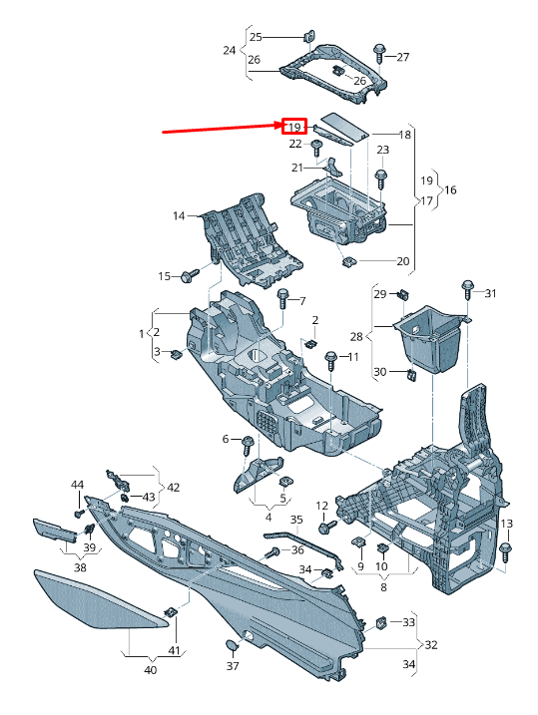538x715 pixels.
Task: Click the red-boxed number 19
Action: pyautogui.click(x=294, y=127)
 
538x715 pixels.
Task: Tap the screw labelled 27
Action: pyautogui.click(x=379, y=54)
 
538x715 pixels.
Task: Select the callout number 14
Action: pyautogui.click(x=179, y=215)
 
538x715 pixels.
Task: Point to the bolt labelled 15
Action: pyautogui.click(x=190, y=275)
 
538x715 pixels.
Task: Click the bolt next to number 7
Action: pyautogui.click(x=283, y=298)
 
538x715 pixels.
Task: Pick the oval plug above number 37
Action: pyautogui.click(x=233, y=645)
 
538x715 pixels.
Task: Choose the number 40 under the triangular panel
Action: pyautogui.click(x=150, y=669)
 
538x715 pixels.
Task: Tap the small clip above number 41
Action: pyautogui.click(x=171, y=611)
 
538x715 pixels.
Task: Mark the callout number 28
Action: pyautogui.click(x=356, y=336)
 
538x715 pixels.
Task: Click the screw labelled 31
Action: pyautogui.click(x=468, y=289)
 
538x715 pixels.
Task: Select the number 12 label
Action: pyautogui.click(x=322, y=506)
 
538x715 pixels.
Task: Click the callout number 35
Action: pyautogui.click(x=296, y=520)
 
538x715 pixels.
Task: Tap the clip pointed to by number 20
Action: pyautogui.click(x=349, y=261)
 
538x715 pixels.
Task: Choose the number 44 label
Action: pyautogui.click(x=78, y=485)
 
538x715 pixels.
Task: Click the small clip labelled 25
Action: pyautogui.click(x=309, y=36)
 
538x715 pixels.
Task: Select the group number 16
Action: pyautogui.click(x=450, y=189)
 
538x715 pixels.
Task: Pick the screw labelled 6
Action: pyautogui.click(x=248, y=445)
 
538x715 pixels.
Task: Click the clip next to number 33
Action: pyautogui.click(x=381, y=622)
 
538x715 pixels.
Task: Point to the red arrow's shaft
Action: pyautogui.click(x=223, y=128)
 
